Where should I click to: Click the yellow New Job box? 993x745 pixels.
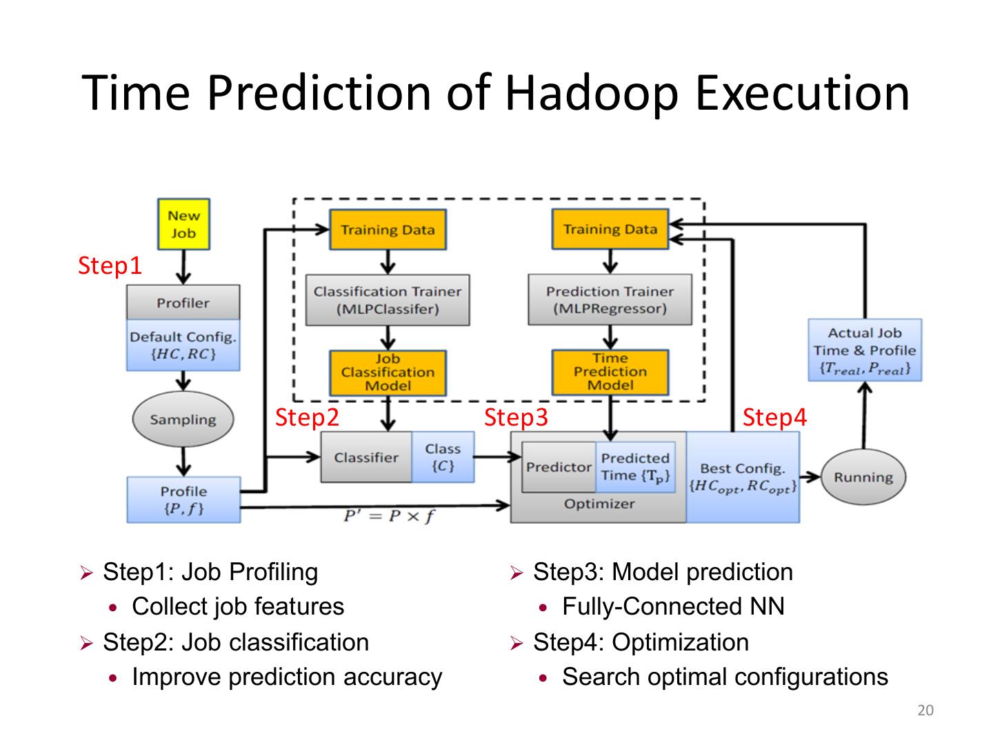point(183,224)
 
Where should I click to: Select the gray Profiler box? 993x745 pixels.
point(183,303)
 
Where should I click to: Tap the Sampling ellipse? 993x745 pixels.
point(183,419)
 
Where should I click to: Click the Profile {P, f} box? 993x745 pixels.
point(183,500)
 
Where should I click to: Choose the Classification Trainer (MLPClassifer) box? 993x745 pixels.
point(388,300)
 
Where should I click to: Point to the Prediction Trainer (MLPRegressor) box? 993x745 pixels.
point(610,300)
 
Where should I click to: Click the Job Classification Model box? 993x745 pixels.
point(388,372)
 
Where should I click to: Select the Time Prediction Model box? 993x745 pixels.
point(610,372)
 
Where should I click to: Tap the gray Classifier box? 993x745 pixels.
point(366,457)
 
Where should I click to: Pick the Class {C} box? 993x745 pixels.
point(443,457)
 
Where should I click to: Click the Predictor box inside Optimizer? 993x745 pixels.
point(559,467)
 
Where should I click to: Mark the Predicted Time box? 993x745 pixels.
point(635,467)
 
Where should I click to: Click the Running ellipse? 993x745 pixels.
point(863,477)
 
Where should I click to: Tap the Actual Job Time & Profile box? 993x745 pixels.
point(865,350)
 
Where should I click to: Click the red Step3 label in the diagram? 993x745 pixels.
point(516,417)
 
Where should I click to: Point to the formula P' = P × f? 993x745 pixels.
point(390,516)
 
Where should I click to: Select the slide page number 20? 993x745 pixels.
point(925,711)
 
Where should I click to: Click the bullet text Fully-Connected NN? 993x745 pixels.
point(673,606)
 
